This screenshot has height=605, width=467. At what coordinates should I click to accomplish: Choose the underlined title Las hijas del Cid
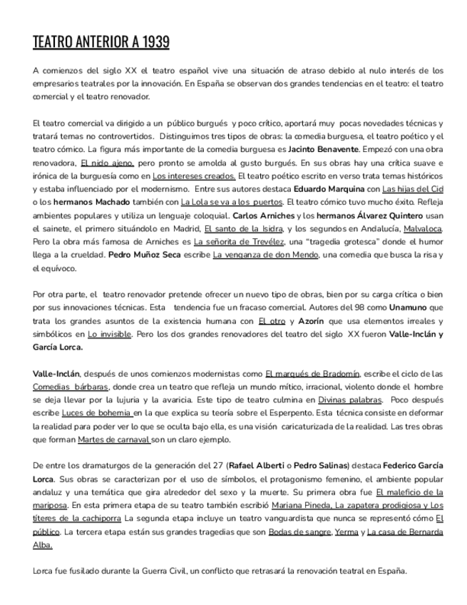pyautogui.click(x=413, y=189)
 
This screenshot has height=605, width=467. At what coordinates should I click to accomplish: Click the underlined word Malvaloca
pyautogui.click(x=423, y=228)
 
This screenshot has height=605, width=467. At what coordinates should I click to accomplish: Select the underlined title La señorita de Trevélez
pyautogui.click(x=233, y=241)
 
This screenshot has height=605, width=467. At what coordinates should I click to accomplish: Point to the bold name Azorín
pyautogui.click(x=312, y=320)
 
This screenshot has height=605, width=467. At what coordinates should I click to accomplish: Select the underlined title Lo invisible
pyautogui.click(x=109, y=333)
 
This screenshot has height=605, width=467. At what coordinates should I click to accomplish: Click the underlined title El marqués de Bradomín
pyautogui.click(x=312, y=373)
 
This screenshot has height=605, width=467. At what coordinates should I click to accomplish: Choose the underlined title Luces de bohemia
pyautogui.click(x=97, y=412)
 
